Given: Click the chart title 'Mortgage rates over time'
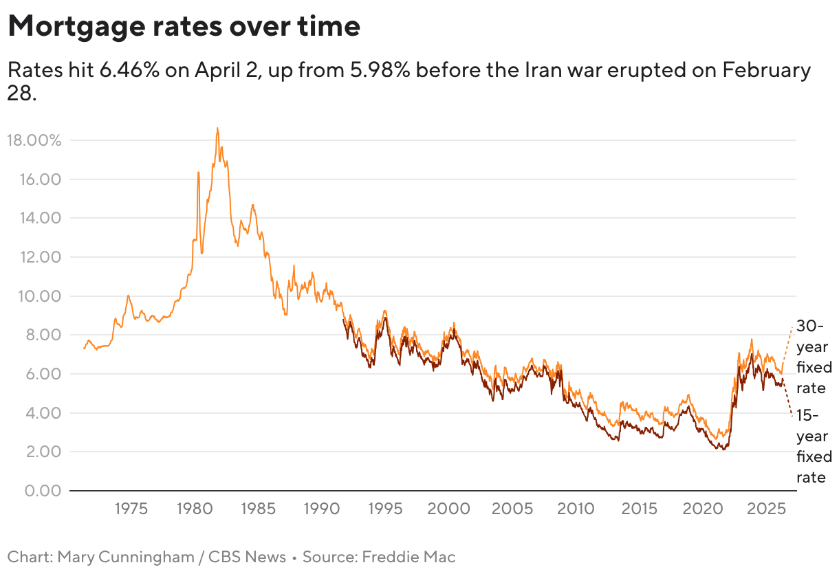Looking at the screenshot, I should (x=184, y=27).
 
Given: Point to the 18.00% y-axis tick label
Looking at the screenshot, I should (x=34, y=140).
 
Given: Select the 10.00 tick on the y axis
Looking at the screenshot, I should (x=39, y=296).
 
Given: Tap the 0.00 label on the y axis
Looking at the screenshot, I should (x=43, y=491).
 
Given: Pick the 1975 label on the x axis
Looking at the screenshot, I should (x=131, y=510).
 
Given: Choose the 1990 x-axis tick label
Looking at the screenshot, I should (x=320, y=510).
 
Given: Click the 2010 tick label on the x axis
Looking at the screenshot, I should (x=576, y=510).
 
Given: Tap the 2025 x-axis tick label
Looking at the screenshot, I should (x=766, y=510).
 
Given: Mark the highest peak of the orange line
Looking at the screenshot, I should (x=217, y=129).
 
